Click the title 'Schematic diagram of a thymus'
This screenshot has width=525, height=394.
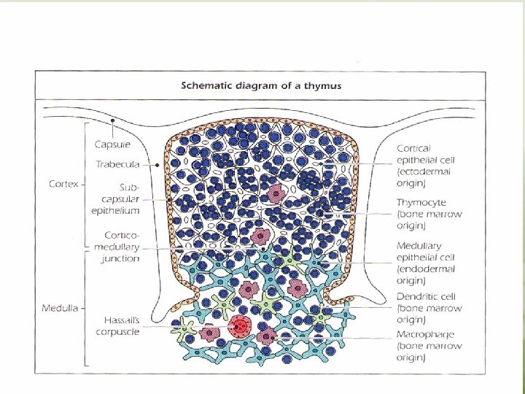pyautogui.click(x=261, y=85)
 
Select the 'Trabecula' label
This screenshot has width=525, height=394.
pyautogui.click(x=120, y=165)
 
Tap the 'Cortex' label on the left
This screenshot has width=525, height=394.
pyautogui.click(x=64, y=183)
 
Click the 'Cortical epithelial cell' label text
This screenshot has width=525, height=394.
pyautogui.click(x=424, y=159)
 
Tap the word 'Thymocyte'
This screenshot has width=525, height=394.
pyautogui.click(x=421, y=202)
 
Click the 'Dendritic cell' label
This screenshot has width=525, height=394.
pyautogui.click(x=426, y=297)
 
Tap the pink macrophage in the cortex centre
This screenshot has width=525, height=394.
pyautogui.click(x=276, y=193)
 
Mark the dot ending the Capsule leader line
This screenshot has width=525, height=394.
pyautogui.click(x=113, y=120)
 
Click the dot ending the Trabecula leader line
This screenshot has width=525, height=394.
pyautogui.click(x=157, y=165)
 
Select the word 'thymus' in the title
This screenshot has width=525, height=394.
pyautogui.click(x=327, y=85)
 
